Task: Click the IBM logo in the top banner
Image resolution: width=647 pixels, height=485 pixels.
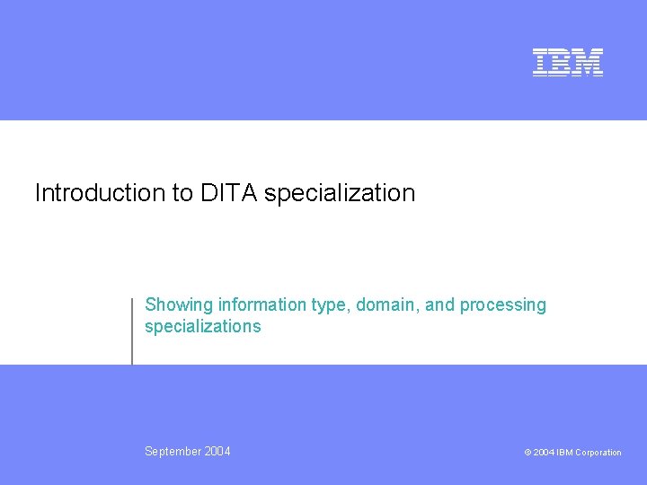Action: point(567,62)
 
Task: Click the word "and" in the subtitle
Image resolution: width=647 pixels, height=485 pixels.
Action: point(440,305)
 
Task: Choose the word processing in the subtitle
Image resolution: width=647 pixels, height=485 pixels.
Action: point(502,306)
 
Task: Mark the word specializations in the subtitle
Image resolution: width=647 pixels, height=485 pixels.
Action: point(203,327)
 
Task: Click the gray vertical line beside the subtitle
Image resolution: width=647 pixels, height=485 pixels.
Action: point(132,331)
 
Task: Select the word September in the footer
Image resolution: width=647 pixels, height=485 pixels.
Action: point(173,452)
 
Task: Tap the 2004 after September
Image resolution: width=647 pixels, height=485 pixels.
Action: point(217,452)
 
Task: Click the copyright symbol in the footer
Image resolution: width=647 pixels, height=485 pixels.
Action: point(527,453)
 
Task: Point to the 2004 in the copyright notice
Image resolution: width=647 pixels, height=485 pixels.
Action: point(544,453)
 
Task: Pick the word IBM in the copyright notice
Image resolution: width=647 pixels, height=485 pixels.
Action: point(564,453)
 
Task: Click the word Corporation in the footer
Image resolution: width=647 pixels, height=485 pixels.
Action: point(598,453)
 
